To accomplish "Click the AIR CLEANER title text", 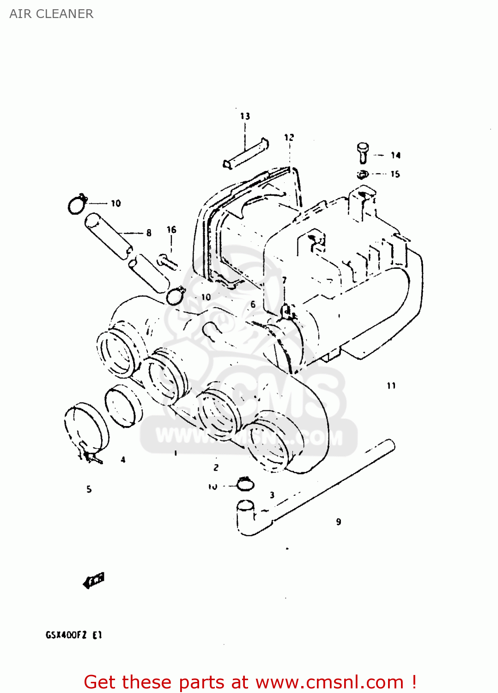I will click(x=51, y=14).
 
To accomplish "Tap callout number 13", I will click(x=245, y=116).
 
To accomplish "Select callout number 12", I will click(x=289, y=137).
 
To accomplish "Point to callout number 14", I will click(x=395, y=155).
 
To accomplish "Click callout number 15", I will click(x=395, y=174).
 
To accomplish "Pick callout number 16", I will click(x=171, y=230).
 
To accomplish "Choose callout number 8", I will click(x=149, y=233).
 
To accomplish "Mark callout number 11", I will click(x=391, y=385).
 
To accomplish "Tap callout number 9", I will click(x=339, y=522).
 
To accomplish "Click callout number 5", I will click(x=89, y=489).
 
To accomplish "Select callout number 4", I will click(x=123, y=460).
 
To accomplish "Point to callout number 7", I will click(x=285, y=280).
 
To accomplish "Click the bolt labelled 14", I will click(x=363, y=152).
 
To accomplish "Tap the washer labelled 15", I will click(x=363, y=175).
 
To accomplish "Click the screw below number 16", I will click(x=167, y=262).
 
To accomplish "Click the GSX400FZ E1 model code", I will click(x=74, y=635).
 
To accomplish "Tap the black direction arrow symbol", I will click(x=94, y=580).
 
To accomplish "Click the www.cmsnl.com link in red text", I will click(x=330, y=682).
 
